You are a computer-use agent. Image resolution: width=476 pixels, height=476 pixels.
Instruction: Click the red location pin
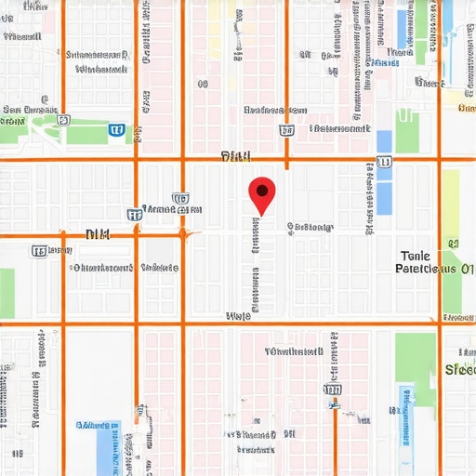(262, 193)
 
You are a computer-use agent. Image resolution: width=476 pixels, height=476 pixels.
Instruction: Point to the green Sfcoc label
(459, 369)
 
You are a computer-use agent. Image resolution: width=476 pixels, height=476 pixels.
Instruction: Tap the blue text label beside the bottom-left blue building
(98, 425)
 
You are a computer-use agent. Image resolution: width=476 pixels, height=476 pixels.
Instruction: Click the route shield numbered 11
(385, 162)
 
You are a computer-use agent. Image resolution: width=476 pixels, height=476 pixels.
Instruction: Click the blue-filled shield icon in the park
(117, 129)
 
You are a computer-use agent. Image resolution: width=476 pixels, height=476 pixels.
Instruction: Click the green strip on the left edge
(7, 293)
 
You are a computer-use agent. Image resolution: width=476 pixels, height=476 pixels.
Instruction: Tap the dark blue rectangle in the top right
(403, 28)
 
